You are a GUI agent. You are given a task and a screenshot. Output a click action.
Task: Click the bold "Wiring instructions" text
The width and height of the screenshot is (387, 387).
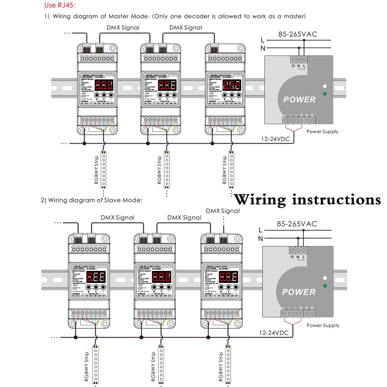pyautogui.click(x=308, y=200)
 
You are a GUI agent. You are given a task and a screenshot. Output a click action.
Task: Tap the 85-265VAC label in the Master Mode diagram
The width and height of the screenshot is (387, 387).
pyautogui.click(x=298, y=34)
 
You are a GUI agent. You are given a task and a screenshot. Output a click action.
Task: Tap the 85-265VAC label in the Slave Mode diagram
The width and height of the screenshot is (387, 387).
pyautogui.click(x=297, y=224)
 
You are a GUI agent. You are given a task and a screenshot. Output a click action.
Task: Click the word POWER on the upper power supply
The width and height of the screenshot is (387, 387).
pyautogui.click(x=300, y=99)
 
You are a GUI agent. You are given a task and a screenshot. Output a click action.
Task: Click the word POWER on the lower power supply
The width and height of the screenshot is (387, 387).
pyautogui.click(x=299, y=292)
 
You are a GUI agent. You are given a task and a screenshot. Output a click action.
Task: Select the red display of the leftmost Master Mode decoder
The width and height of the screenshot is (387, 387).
pyautogui.click(x=104, y=86)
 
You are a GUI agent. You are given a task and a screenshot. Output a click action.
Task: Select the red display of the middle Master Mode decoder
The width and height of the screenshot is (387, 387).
pyautogui.click(x=167, y=86)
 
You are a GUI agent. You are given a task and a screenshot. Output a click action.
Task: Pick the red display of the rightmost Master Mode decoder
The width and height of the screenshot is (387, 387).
pyautogui.click(x=233, y=86)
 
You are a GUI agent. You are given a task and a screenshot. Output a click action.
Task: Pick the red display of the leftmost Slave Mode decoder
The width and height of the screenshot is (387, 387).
pyautogui.click(x=95, y=277)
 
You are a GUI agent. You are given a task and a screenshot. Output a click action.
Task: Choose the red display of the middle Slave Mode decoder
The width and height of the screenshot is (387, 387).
pyautogui.click(x=160, y=277)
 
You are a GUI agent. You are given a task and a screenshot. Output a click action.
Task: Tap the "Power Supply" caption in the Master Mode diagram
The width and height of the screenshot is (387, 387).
pyautogui.click(x=322, y=132)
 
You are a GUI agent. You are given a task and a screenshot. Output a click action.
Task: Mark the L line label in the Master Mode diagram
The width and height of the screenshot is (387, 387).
pyautogui.click(x=263, y=40)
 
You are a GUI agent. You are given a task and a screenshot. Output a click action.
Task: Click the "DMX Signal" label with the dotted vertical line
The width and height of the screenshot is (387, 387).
pyautogui.click(x=223, y=211)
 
